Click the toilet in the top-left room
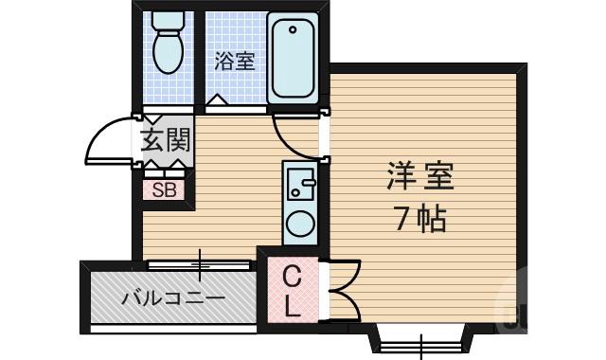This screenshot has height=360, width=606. click(169, 50)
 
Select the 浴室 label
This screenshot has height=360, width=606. click(234, 62)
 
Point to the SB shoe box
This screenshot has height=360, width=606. click(165, 189)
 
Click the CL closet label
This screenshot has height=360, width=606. click(293, 291)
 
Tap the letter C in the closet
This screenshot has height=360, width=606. click(293, 277)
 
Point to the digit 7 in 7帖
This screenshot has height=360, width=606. click(402, 220)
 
